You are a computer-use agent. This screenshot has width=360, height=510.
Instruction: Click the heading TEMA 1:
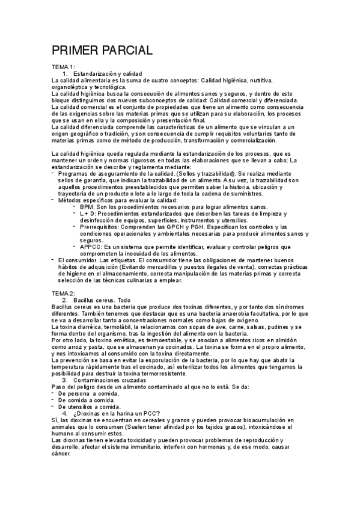[63, 66]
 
